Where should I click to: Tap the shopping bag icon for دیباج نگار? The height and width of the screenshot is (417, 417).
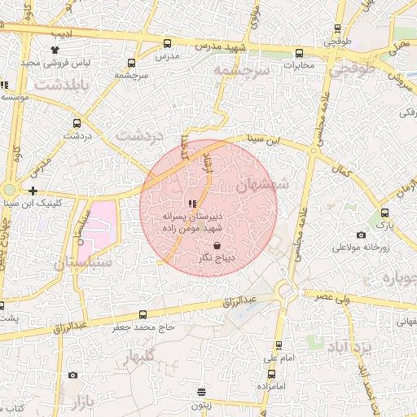point(217,245)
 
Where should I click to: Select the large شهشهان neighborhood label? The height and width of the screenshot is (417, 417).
point(261,185)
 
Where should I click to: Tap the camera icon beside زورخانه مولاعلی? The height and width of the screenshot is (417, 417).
point(361,235)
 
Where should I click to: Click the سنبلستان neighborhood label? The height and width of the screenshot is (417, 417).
point(83,263)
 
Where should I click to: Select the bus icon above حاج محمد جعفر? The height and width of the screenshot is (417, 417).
point(143,314)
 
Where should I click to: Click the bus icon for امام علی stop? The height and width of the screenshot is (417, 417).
point(279,345)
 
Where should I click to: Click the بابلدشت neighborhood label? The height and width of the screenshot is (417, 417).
point(59,84)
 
